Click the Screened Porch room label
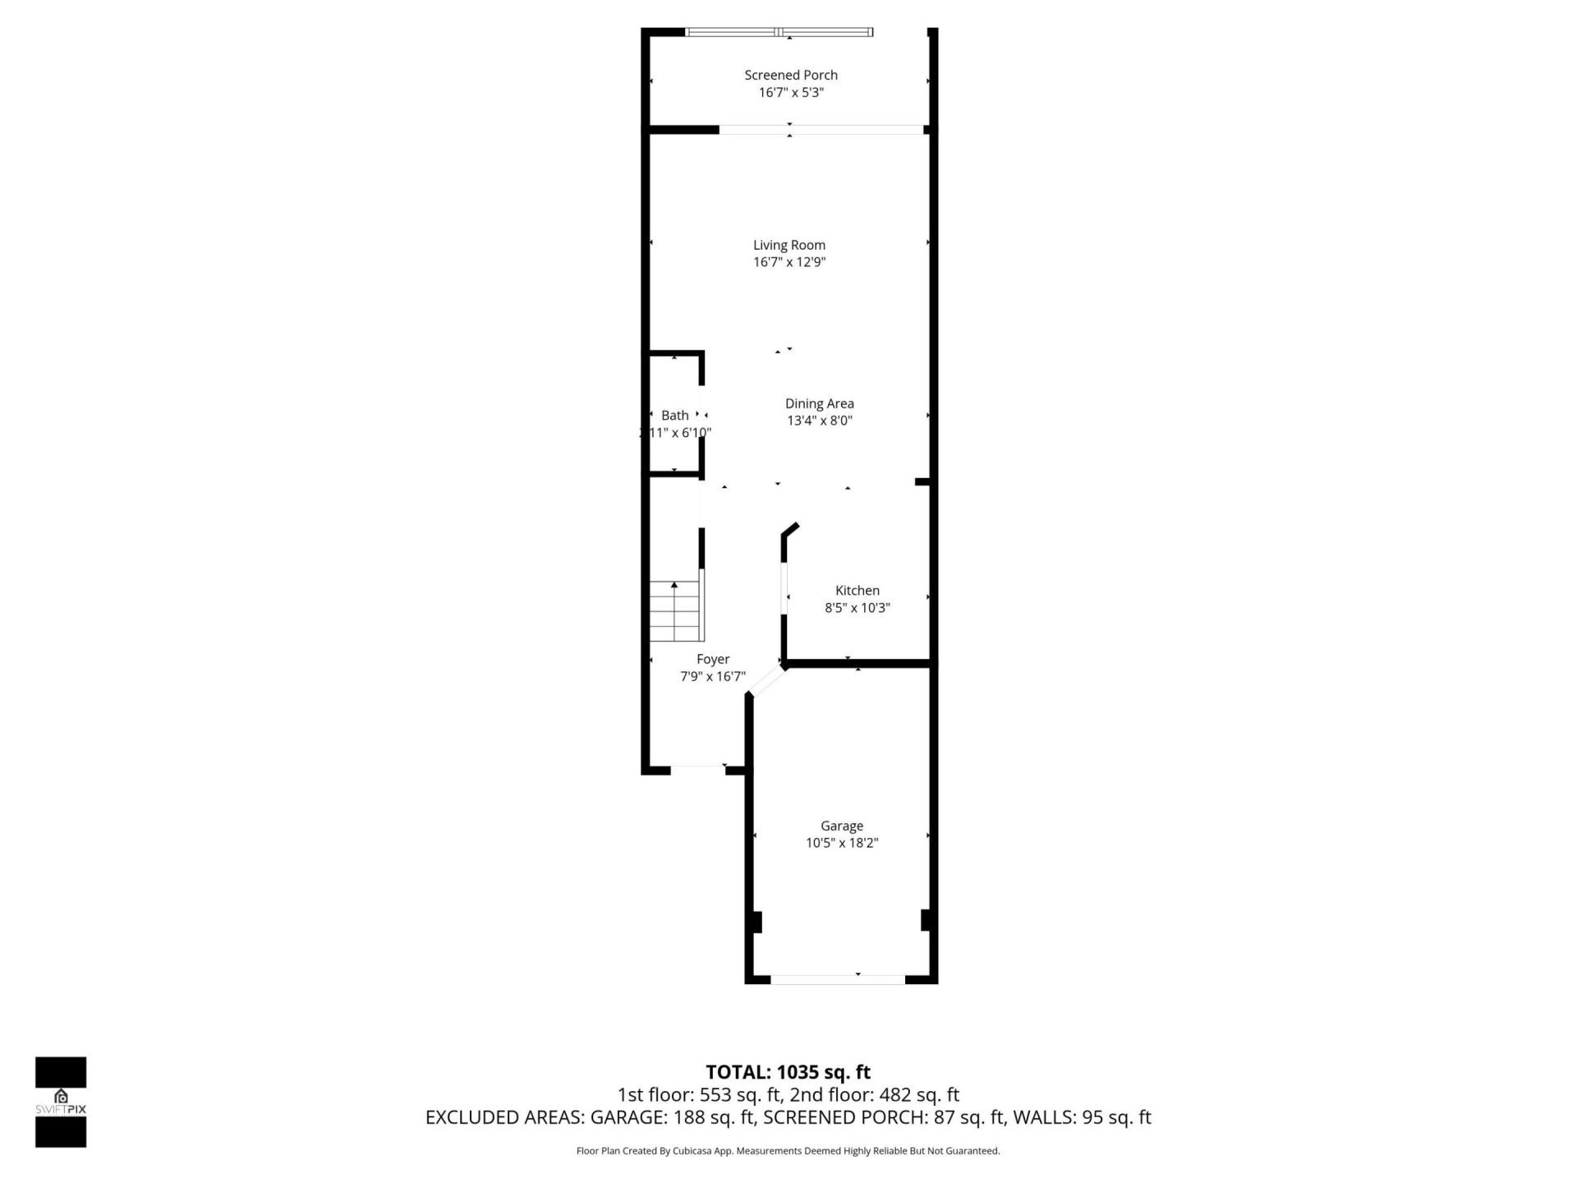pos(790,75)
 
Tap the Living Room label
pos(788,245)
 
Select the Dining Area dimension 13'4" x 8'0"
pos(819,421)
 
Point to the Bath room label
pos(674,416)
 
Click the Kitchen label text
pos(857,591)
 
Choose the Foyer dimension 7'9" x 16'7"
pos(712,677)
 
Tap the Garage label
pos(841,826)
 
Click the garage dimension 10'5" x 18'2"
pos(841,843)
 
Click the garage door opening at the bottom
pos(838,978)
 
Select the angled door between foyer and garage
pos(767,680)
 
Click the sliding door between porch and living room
pos(821,129)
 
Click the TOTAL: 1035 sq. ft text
pos(788,1072)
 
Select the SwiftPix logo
pos(61,1102)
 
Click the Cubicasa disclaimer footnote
pos(788,1151)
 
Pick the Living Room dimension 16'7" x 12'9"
pos(788,262)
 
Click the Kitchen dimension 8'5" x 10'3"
pos(857,608)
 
